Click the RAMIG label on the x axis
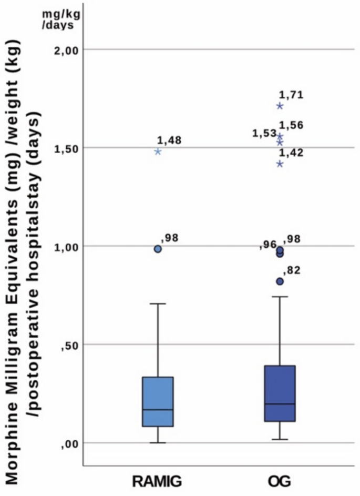coord(158,481)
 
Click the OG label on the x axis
coord(280,481)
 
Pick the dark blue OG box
coord(280,393)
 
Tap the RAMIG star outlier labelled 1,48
coord(158,151)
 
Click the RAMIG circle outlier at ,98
coord(158,249)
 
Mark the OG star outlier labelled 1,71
coord(280,106)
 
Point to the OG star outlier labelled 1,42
coord(280,164)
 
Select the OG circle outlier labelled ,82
coord(280,281)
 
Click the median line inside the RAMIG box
coord(158,410)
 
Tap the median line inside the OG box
coord(280,404)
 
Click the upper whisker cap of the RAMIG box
coord(158,303)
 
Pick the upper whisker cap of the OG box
coord(280,297)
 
